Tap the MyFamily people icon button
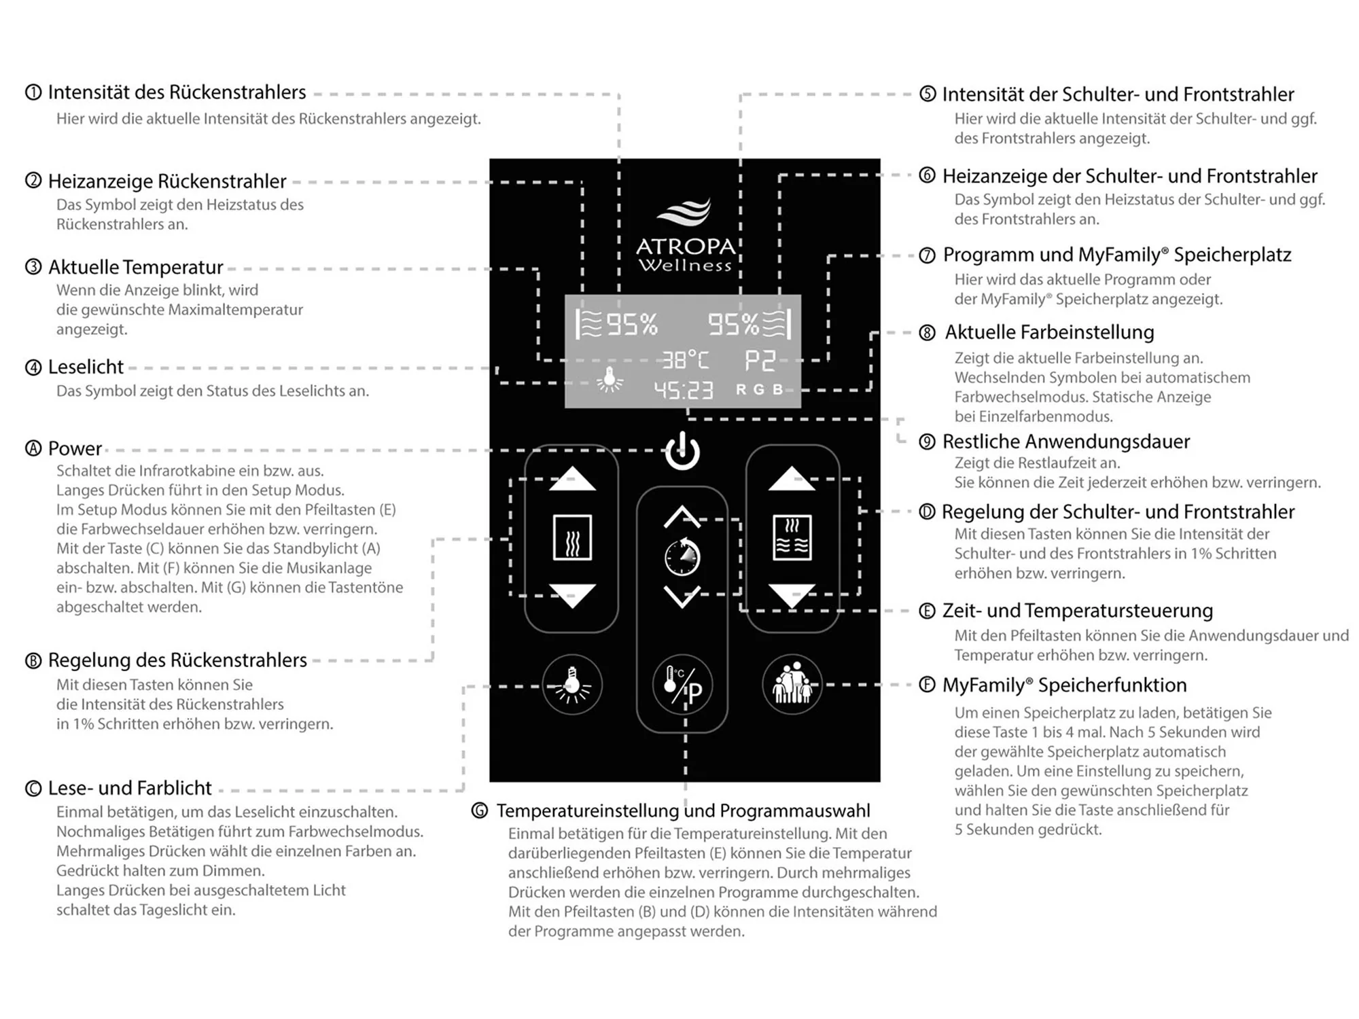coord(792,685)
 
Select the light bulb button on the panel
coord(572,685)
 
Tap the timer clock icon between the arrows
coord(682,556)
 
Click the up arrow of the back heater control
coord(572,479)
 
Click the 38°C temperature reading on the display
coord(685,360)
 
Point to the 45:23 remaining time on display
coord(683,390)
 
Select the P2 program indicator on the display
coord(760,361)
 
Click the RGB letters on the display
coord(760,390)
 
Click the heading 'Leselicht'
coord(86,368)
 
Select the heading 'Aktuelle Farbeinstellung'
coord(1049,332)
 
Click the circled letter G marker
coord(480,810)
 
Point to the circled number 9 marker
coord(927,442)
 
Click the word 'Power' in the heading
coord(75,449)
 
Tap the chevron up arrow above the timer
coord(682,517)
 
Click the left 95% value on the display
coord(632,325)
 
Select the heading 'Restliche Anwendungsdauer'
coord(1065,442)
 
